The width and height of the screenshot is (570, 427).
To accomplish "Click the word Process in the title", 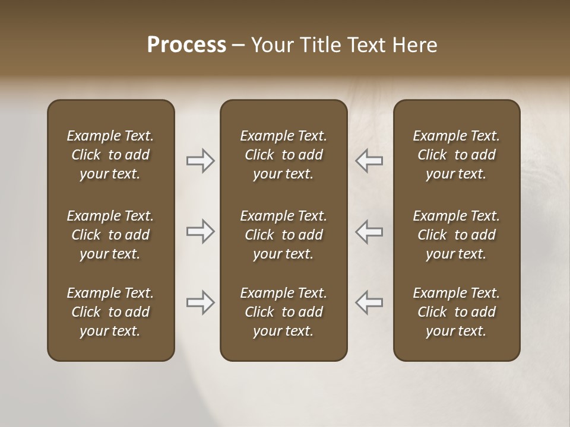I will [186, 45].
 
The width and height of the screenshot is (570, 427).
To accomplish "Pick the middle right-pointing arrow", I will [200, 231].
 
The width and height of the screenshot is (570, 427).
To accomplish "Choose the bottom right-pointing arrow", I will [200, 302].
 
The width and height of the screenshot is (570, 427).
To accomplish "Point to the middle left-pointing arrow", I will [369, 231].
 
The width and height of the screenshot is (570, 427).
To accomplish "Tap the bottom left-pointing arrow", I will [369, 302].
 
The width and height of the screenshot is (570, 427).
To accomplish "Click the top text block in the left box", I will [110, 155].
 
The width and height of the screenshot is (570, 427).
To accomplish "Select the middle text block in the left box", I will [110, 235].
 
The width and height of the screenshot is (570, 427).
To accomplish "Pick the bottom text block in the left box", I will [110, 312].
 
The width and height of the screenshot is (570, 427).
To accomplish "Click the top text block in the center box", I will [283, 155].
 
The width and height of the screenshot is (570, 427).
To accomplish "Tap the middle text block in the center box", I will [283, 235].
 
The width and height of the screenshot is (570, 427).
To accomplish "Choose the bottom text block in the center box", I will [283, 312].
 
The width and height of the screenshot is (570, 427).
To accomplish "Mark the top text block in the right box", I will [456, 155].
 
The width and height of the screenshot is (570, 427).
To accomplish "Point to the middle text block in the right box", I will [456, 235].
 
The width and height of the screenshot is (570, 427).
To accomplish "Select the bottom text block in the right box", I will [456, 312].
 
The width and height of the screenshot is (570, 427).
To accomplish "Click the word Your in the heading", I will [270, 45].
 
